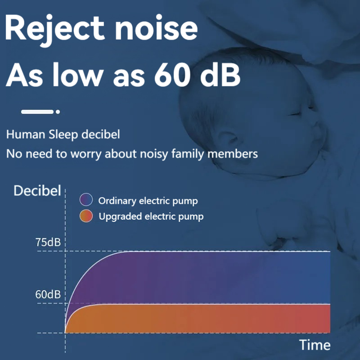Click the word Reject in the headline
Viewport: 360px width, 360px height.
point(54,28)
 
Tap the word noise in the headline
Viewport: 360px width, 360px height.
point(156,28)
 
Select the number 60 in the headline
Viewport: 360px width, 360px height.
point(172,75)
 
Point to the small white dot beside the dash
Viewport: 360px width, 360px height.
point(58,112)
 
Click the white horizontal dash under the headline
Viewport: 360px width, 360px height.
point(37,112)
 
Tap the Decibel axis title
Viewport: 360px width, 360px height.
point(37,190)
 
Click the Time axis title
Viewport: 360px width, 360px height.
point(315,345)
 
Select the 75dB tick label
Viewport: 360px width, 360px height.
point(48,242)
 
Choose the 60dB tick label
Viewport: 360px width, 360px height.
point(48,294)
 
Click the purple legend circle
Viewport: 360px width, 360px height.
point(86,199)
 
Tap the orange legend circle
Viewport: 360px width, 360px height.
point(86,216)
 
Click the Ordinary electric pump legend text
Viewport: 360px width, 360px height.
point(148,201)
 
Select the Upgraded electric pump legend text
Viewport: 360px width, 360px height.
point(151,216)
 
